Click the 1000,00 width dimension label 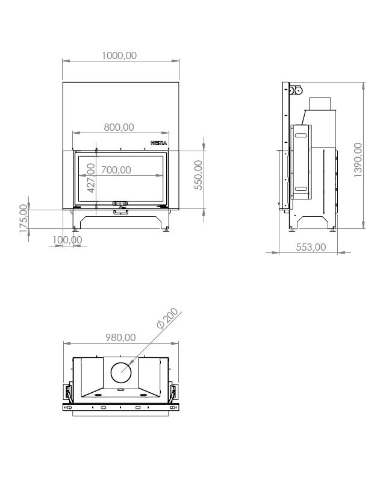click(x=119, y=55)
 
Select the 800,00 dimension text click(x=119, y=127)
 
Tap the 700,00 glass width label click(x=116, y=170)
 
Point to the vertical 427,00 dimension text click(x=92, y=178)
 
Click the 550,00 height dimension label click(x=199, y=175)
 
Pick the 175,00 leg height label click(x=23, y=218)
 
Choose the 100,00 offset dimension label click(x=67, y=240)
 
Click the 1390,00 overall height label click(x=358, y=160)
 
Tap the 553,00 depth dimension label click(x=311, y=247)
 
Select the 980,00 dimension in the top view click(x=120, y=337)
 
